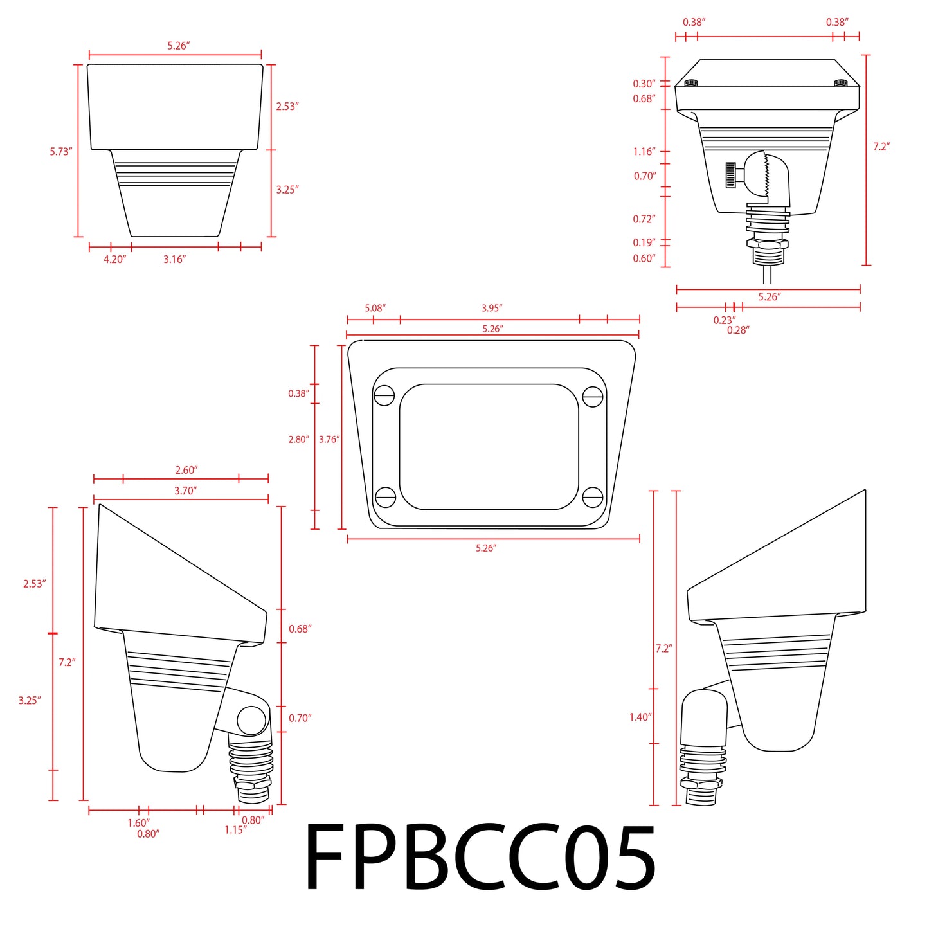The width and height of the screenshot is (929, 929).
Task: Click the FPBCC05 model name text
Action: [480, 858]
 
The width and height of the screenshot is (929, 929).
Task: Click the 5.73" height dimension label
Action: [61, 152]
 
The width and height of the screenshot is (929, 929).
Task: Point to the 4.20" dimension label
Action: [114, 259]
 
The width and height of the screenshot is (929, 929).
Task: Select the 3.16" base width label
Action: [174, 259]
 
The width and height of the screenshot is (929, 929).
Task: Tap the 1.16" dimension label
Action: [644, 152]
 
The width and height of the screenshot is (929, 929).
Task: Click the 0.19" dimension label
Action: [644, 242]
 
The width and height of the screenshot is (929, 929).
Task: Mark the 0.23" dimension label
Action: [724, 320]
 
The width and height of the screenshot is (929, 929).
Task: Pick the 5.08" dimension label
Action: [375, 308]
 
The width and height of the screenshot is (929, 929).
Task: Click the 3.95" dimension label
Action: [492, 308]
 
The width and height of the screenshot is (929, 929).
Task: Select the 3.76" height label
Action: [329, 439]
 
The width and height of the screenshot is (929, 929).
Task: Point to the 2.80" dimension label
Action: [298, 439]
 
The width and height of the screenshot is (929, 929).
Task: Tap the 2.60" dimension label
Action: [186, 470]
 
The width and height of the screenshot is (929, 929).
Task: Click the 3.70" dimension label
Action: [185, 491]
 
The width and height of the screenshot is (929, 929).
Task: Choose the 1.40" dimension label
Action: [640, 717]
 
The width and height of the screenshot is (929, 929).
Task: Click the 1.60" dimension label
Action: [138, 823]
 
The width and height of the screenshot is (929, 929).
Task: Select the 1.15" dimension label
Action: [235, 830]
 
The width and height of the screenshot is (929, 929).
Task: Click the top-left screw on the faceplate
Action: [384, 395]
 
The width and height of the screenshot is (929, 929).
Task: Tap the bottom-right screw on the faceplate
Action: [592, 497]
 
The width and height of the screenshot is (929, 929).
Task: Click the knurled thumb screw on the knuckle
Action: [731, 175]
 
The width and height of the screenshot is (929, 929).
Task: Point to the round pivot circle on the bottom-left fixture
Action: [251, 720]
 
